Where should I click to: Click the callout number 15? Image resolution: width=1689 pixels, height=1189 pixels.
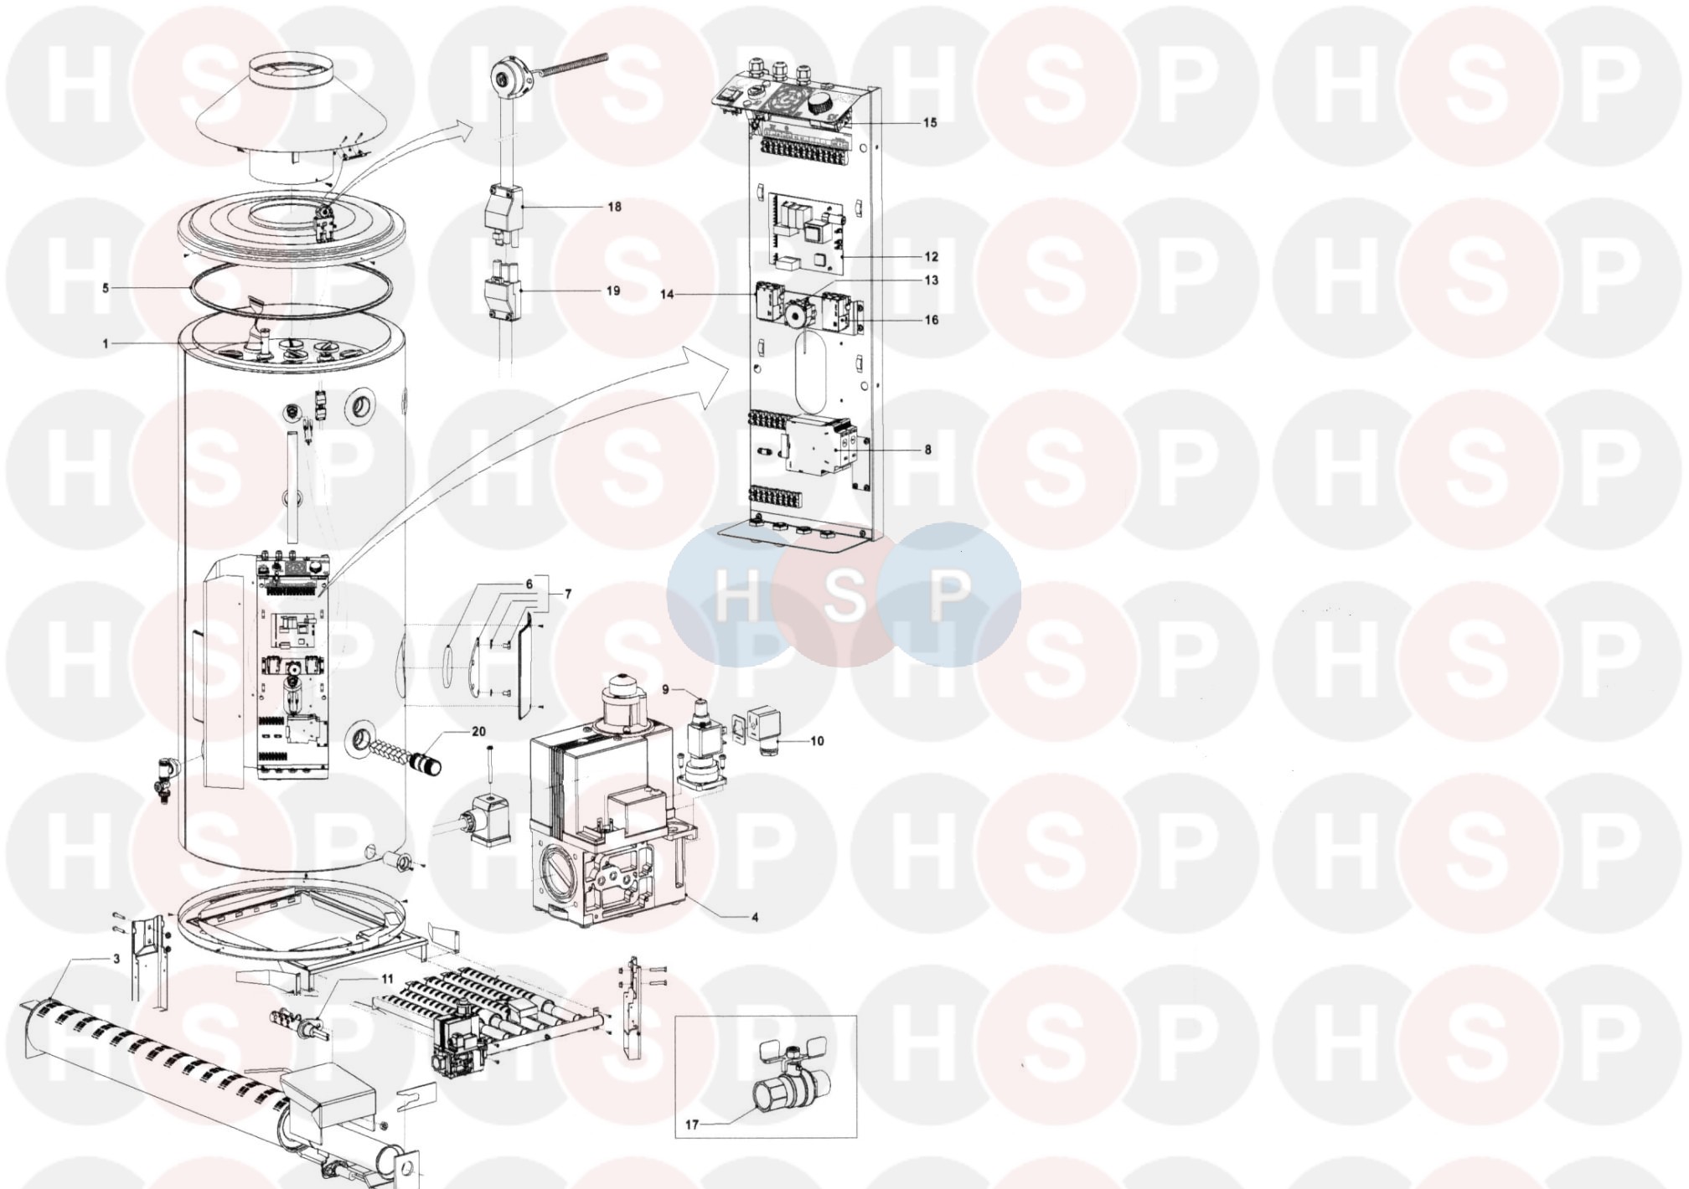tap(930, 123)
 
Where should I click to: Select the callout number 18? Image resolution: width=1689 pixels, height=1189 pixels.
tap(615, 207)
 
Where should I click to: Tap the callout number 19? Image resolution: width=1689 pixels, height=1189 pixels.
tap(613, 291)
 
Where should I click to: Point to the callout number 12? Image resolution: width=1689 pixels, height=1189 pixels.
tap(932, 257)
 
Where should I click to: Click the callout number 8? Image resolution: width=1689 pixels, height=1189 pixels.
tap(928, 450)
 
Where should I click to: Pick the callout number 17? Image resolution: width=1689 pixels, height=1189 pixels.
tap(692, 1125)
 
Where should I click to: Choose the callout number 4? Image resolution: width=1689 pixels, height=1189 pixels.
tap(755, 918)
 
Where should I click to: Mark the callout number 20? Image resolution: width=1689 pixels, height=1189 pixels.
tap(478, 732)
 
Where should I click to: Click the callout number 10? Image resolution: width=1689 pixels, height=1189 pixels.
tap(817, 741)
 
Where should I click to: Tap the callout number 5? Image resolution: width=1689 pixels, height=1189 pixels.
tap(106, 289)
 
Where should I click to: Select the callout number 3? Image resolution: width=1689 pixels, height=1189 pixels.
tap(116, 959)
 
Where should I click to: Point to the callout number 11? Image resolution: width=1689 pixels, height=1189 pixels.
tap(387, 979)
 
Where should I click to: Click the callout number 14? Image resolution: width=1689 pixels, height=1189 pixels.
tap(667, 295)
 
